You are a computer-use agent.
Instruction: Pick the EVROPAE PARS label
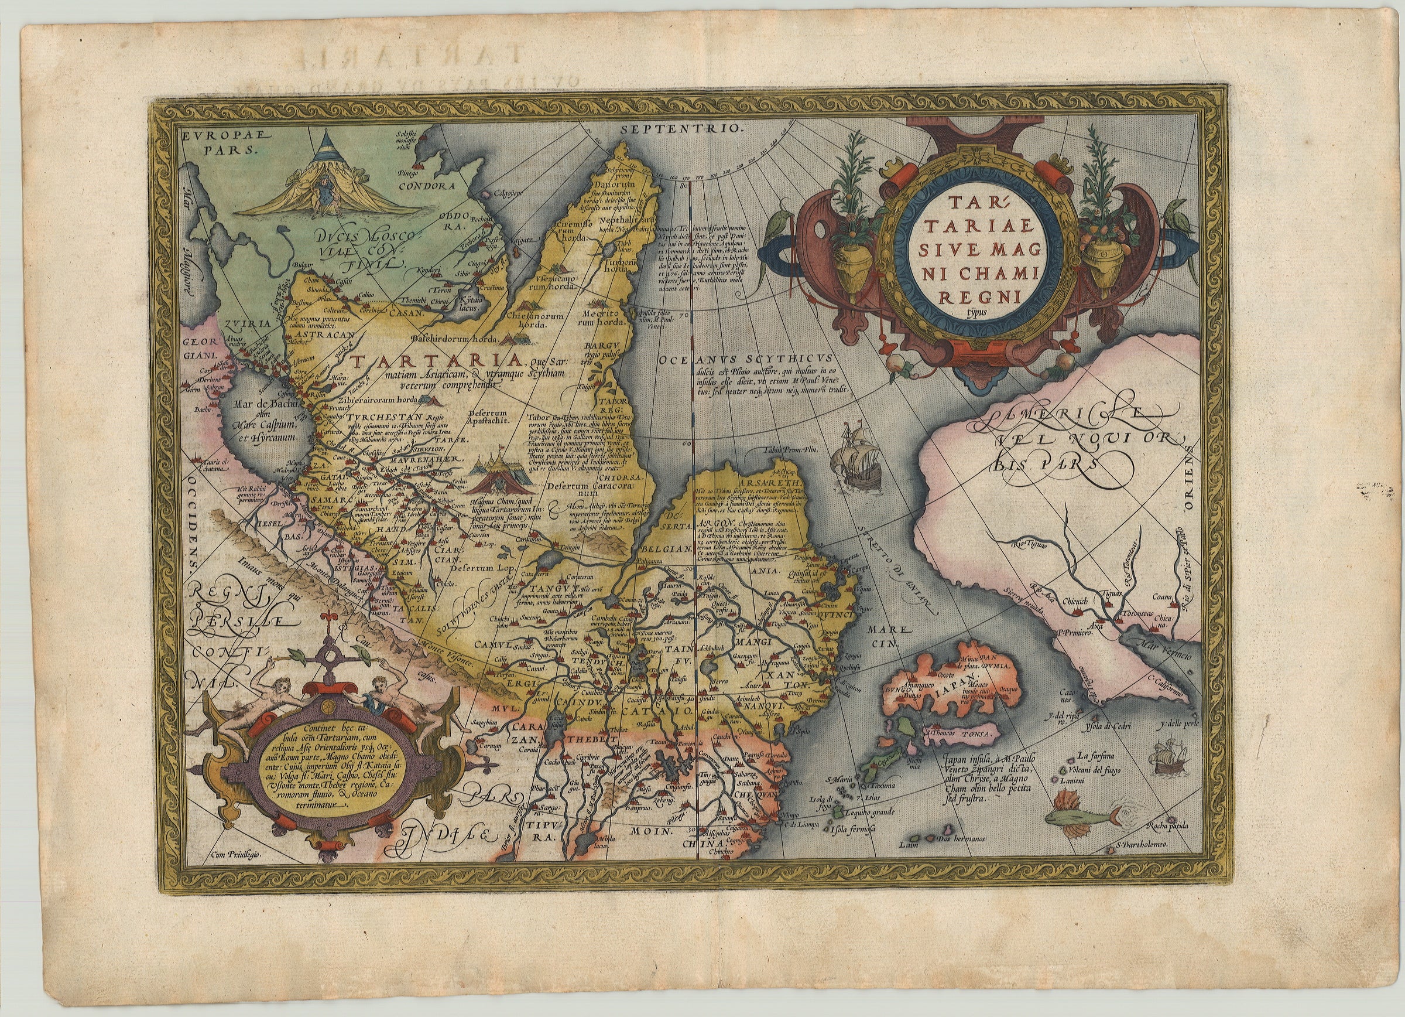(217, 141)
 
